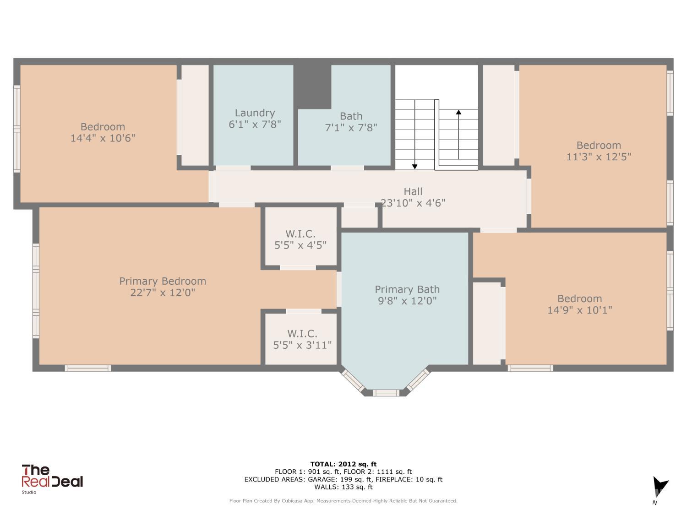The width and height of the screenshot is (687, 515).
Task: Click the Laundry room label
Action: (x=255, y=113)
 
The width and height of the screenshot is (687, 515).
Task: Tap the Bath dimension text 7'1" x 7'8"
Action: (x=351, y=128)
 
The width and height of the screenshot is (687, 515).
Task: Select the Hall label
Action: (x=413, y=191)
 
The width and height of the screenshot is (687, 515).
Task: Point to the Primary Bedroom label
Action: (x=163, y=281)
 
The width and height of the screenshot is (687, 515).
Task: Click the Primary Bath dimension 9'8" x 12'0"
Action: (x=407, y=301)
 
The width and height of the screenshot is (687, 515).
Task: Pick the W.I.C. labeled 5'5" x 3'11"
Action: (x=302, y=339)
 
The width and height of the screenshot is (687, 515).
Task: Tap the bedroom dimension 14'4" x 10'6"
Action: (x=103, y=138)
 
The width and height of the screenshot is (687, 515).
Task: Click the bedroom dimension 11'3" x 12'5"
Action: (x=599, y=157)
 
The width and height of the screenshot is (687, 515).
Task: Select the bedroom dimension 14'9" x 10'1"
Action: (x=579, y=310)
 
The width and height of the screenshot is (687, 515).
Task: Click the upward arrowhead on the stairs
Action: (x=458, y=112)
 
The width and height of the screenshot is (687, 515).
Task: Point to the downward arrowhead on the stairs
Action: (x=414, y=167)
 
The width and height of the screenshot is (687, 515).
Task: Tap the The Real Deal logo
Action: (x=52, y=477)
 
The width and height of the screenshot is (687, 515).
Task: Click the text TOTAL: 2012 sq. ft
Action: (x=343, y=464)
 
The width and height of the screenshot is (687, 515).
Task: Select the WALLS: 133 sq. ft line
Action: (x=343, y=487)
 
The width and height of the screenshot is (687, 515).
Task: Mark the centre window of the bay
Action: (x=386, y=393)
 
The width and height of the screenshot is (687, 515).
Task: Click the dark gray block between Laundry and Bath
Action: (x=312, y=87)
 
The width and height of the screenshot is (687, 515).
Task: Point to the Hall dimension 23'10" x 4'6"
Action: (x=413, y=203)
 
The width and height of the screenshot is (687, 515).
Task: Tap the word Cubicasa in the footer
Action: (x=292, y=501)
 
